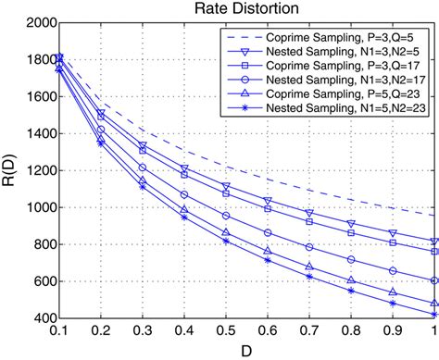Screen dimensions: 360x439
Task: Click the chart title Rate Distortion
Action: pos(245,8)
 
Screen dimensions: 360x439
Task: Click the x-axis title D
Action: pos(245,351)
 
